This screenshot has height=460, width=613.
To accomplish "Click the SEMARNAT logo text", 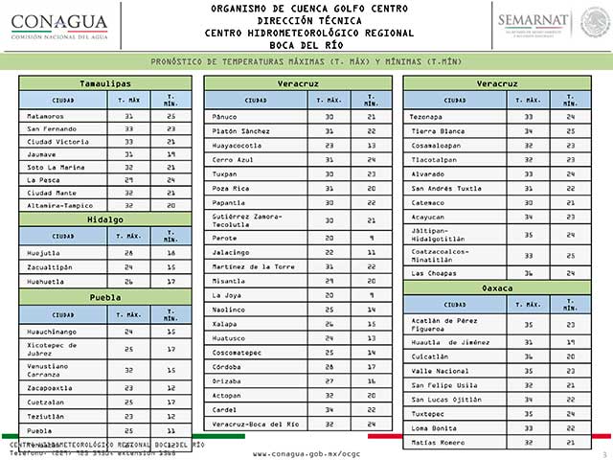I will click(534, 18).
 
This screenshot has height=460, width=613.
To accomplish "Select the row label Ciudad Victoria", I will click(57, 141).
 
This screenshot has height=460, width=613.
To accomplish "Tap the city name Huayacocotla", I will click(238, 145).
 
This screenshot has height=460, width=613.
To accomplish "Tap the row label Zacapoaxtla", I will click(50, 388).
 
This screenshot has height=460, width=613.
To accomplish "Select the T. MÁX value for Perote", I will click(329, 237).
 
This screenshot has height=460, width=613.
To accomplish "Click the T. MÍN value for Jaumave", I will click(170, 153).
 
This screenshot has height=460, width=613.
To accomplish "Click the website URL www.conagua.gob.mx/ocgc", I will click(306, 452).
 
